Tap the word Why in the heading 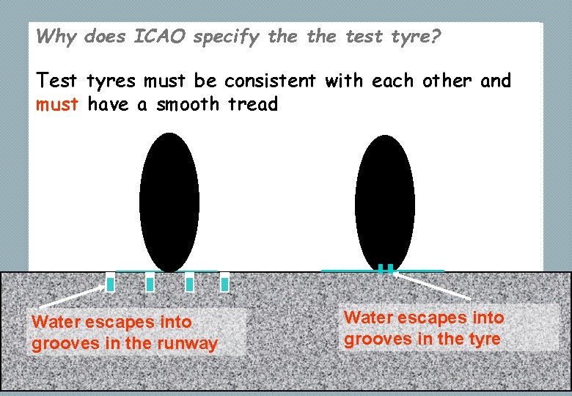[56, 37]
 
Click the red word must [57, 105]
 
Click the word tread [253, 105]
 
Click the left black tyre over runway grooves [169, 202]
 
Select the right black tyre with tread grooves [385, 202]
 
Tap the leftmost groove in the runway [111, 282]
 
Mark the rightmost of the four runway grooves [224, 282]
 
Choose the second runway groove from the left [150, 282]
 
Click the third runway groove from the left [189, 282]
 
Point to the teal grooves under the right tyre [385, 268]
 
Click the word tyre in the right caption [484, 339]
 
